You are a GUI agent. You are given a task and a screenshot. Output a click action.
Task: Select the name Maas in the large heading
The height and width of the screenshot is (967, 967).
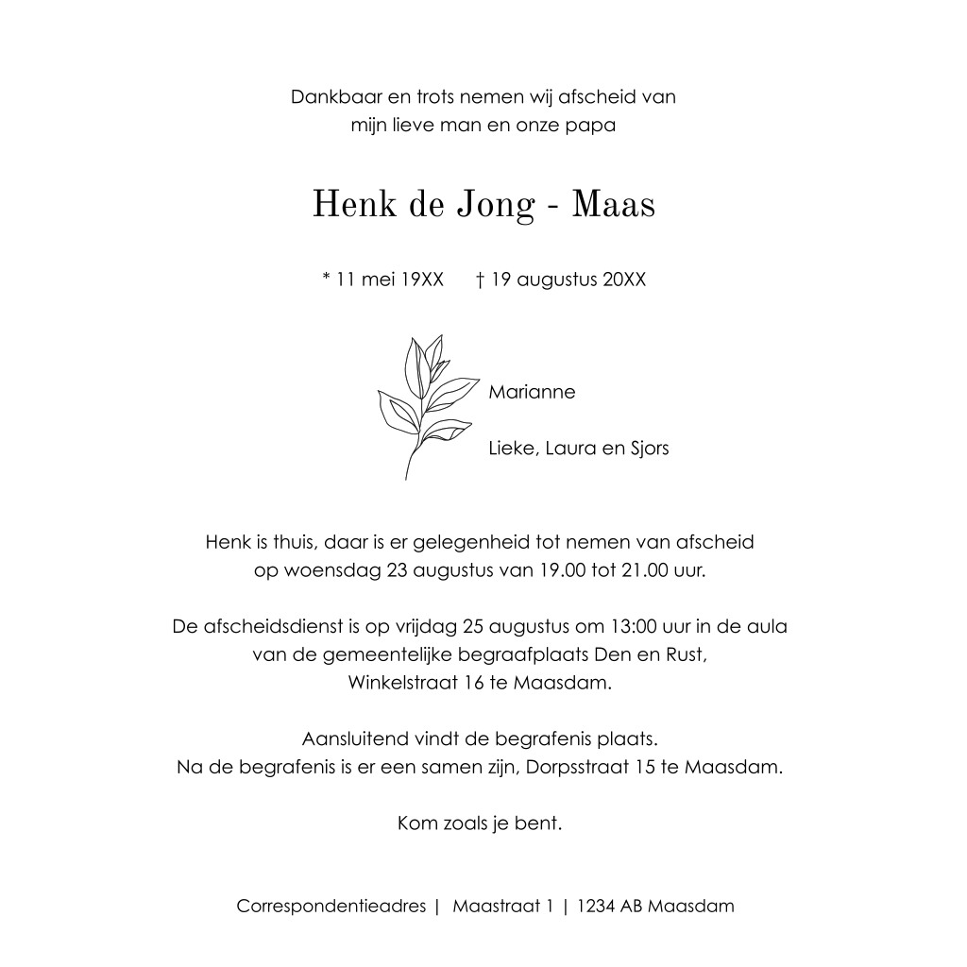pyautogui.click(x=614, y=205)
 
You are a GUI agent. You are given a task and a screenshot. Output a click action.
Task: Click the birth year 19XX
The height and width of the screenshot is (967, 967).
pyautogui.click(x=421, y=280)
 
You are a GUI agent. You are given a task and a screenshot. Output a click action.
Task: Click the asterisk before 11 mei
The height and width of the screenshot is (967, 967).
pyautogui.click(x=327, y=279)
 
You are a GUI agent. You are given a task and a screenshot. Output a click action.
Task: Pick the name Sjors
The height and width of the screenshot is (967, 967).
pyautogui.click(x=649, y=449)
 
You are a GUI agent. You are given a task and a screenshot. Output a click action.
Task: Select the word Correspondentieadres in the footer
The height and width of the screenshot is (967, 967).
pyautogui.click(x=331, y=907)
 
